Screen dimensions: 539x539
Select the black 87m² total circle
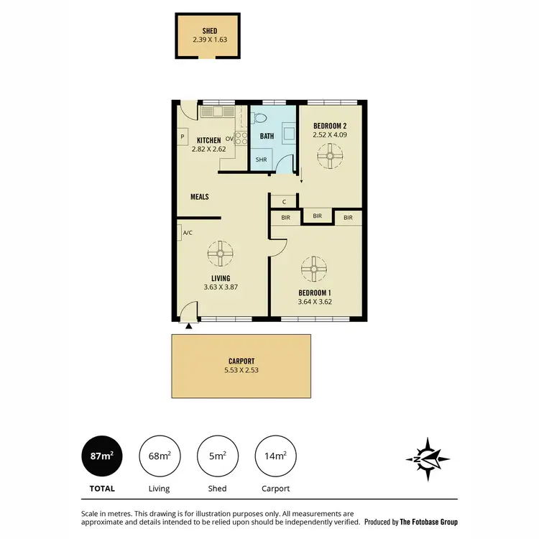coord(101,456)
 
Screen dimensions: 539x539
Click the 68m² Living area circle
coord(159,456)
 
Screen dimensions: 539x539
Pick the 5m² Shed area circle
coord(217,456)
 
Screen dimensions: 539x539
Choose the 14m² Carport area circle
coord(275,456)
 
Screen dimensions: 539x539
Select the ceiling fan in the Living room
coord(220,252)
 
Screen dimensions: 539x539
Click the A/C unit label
coord(188,233)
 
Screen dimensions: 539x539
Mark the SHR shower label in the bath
coord(261,160)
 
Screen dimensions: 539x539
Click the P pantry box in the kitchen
coord(183,137)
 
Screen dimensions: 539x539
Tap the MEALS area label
coord(200,196)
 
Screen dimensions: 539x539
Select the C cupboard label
coord(285,202)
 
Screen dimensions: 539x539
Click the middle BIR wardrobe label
coord(317,215)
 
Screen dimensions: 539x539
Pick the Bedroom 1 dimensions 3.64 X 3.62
coord(314,302)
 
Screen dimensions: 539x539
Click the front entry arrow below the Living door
coord(189,326)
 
